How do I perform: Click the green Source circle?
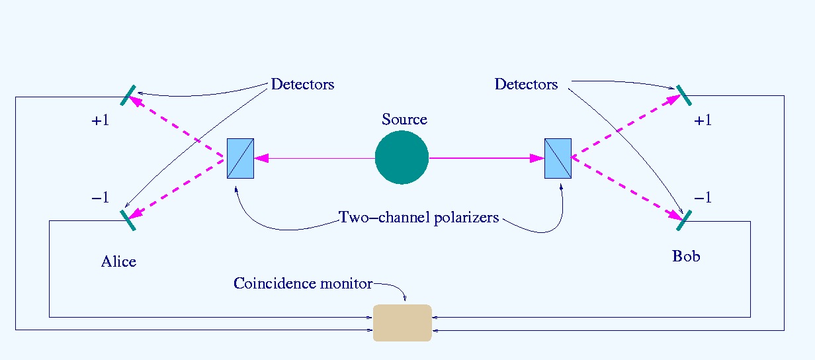(402, 157)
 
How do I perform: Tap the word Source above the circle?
(404, 120)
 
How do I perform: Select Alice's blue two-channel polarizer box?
(240, 158)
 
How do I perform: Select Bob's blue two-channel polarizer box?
(558, 158)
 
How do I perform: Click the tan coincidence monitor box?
(402, 323)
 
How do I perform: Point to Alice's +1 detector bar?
(128, 95)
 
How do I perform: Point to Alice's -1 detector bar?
(128, 220)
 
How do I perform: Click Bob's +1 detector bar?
(683, 95)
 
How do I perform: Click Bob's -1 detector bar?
(683, 220)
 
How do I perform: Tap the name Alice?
(118, 261)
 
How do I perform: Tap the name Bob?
(686, 255)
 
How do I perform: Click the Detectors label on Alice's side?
(302, 85)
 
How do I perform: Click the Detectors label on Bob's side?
(526, 85)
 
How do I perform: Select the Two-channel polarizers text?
(418, 218)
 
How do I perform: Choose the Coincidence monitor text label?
(303, 284)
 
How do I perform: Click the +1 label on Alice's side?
(100, 121)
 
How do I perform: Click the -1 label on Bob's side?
(703, 197)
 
